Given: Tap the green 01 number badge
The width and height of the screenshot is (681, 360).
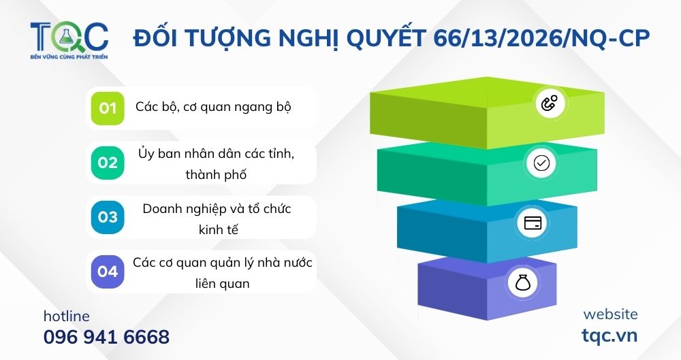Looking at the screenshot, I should [x=108, y=108].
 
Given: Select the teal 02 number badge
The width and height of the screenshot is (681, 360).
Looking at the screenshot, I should [x=108, y=163].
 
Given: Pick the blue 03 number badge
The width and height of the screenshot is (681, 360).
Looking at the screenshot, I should [x=108, y=217].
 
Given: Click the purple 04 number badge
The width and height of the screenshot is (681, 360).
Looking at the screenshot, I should [x=108, y=272].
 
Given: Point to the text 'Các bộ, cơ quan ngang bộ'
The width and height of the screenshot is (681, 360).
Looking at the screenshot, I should [x=217, y=108].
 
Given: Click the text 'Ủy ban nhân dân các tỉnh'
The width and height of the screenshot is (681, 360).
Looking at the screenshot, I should [x=216, y=154].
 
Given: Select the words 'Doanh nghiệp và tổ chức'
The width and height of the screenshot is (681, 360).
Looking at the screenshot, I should [x=217, y=209].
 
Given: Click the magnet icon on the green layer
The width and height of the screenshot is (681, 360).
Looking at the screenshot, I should [x=549, y=104].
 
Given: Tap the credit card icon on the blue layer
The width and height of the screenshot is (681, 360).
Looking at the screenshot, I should [x=534, y=223].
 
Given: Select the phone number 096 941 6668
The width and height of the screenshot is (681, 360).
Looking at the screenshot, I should [x=106, y=337].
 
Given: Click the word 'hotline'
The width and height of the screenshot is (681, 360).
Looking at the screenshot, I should [x=66, y=316].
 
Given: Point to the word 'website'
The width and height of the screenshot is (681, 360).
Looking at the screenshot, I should [x=610, y=314].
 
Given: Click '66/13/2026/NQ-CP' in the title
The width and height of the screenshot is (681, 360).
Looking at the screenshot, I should [x=541, y=39].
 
